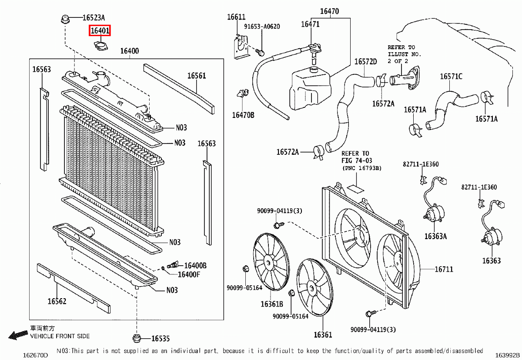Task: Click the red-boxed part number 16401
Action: (100, 31)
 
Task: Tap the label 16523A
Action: (94, 18)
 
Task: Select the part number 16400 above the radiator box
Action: (129, 51)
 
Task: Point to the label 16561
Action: (197, 76)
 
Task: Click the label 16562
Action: (57, 301)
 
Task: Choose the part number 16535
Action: (161, 338)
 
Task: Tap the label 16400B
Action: (195, 265)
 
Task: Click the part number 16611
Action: (236, 17)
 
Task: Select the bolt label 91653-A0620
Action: (262, 27)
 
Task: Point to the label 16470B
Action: (243, 115)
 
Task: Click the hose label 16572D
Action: (365, 61)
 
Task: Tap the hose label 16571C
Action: (451, 77)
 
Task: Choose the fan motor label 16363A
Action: (435, 236)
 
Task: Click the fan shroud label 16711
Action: (444, 269)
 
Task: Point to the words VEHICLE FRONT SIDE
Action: (60, 336)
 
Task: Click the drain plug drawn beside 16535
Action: (137, 337)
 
